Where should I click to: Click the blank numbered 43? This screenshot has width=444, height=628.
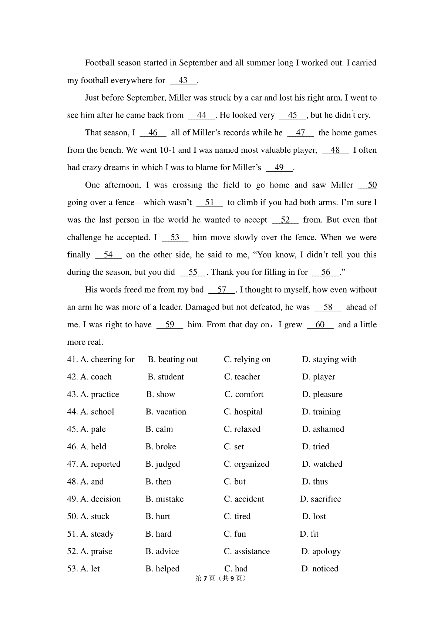tap(183, 81)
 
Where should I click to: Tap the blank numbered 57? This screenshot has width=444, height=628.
tap(222, 290)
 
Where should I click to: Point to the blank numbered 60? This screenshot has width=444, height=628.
tap(320, 325)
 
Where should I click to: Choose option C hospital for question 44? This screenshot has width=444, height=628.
tap(243, 412)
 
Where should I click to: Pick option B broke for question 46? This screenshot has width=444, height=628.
tap(161, 447)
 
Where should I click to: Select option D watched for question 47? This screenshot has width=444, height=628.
tap(322, 464)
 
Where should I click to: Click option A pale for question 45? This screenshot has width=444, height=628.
tap(93, 429)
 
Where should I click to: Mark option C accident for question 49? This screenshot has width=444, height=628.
tap(244, 499)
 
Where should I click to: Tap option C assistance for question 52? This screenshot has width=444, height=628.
tap(247, 551)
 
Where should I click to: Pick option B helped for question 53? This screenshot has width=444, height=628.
tap(162, 569)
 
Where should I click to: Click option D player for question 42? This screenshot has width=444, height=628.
tap(319, 377)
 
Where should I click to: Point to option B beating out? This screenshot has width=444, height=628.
tap(173, 359)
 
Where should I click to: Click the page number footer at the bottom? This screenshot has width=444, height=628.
tap(221, 578)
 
